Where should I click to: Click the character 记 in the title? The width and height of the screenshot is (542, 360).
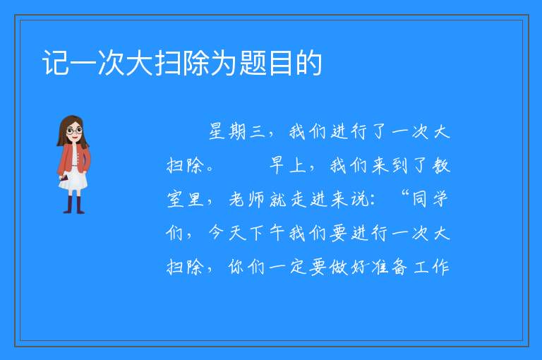point(55,63)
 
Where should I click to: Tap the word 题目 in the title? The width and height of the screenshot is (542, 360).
point(267,63)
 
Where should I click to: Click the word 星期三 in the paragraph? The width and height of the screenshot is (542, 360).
point(237,132)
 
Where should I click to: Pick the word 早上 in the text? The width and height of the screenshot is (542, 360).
point(288,165)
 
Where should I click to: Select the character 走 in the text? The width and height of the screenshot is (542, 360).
point(299,199)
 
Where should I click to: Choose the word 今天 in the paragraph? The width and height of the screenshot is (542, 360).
point(227,233)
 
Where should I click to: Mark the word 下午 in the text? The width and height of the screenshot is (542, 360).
point(267,233)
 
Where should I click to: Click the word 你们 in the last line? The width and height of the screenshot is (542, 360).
point(247,267)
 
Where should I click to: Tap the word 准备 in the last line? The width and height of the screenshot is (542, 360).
point(389,267)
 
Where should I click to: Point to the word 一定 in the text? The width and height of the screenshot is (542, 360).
point(289,267)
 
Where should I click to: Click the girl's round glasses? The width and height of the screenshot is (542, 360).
point(74,131)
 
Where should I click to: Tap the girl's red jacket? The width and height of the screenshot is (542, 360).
point(74,159)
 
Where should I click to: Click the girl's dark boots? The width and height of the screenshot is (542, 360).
point(74,205)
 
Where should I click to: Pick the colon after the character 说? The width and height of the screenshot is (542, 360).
point(373,200)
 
